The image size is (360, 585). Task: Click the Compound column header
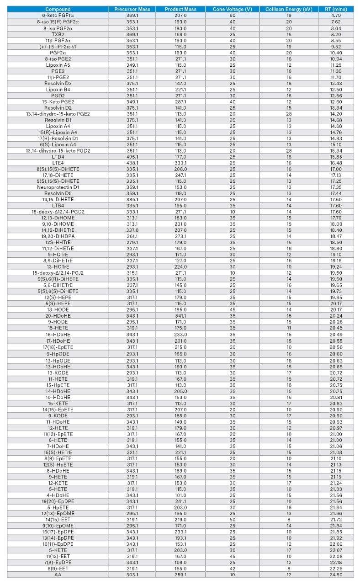pyautogui.click(x=58, y=9)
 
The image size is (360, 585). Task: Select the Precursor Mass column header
pyautogui.click(x=132, y=9)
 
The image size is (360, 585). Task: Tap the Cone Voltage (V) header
pyautogui.click(x=233, y=9)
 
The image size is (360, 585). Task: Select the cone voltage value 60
pyautogui.click(x=233, y=16)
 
